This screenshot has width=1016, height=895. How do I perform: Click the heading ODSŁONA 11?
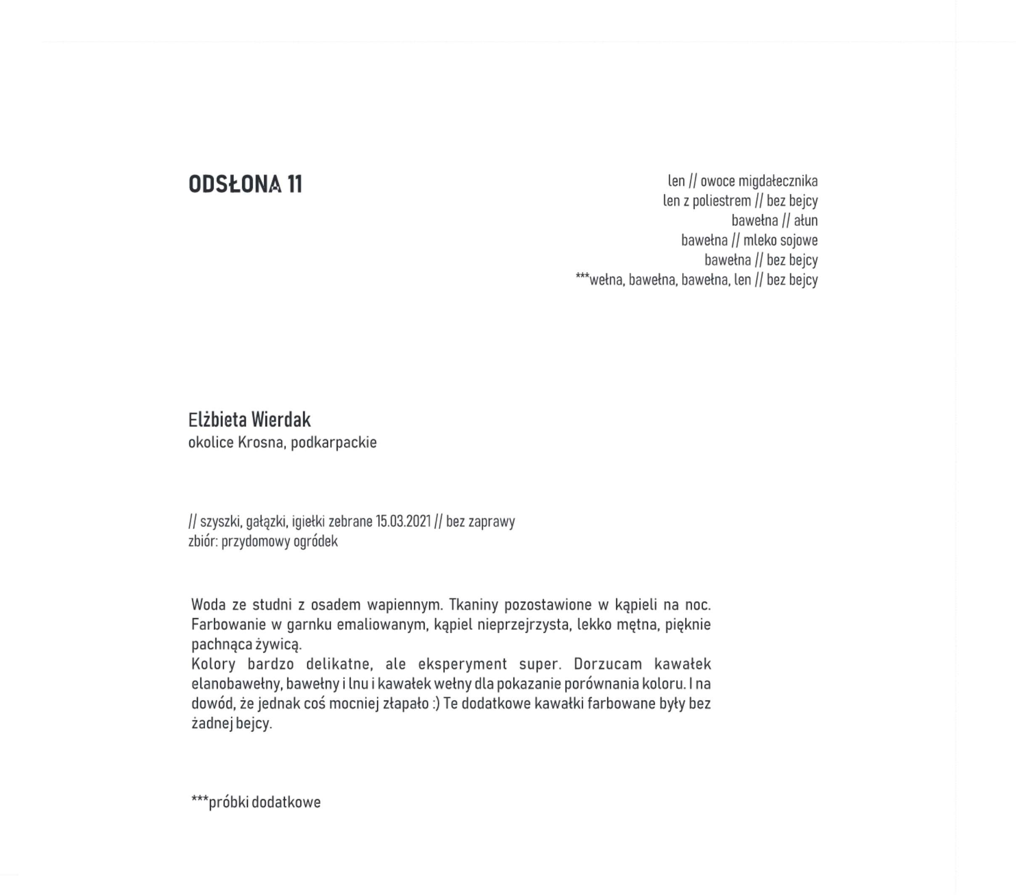(245, 184)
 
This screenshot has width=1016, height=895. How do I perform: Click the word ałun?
(806, 221)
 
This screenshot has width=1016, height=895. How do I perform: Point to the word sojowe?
(799, 240)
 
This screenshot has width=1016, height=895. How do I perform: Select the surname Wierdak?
(281, 420)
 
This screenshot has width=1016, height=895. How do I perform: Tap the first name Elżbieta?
(218, 420)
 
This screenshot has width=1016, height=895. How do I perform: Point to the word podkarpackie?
(333, 442)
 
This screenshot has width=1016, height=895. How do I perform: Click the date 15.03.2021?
(403, 521)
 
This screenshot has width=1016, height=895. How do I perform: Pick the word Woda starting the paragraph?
(208, 605)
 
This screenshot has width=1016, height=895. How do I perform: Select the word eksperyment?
(462, 664)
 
